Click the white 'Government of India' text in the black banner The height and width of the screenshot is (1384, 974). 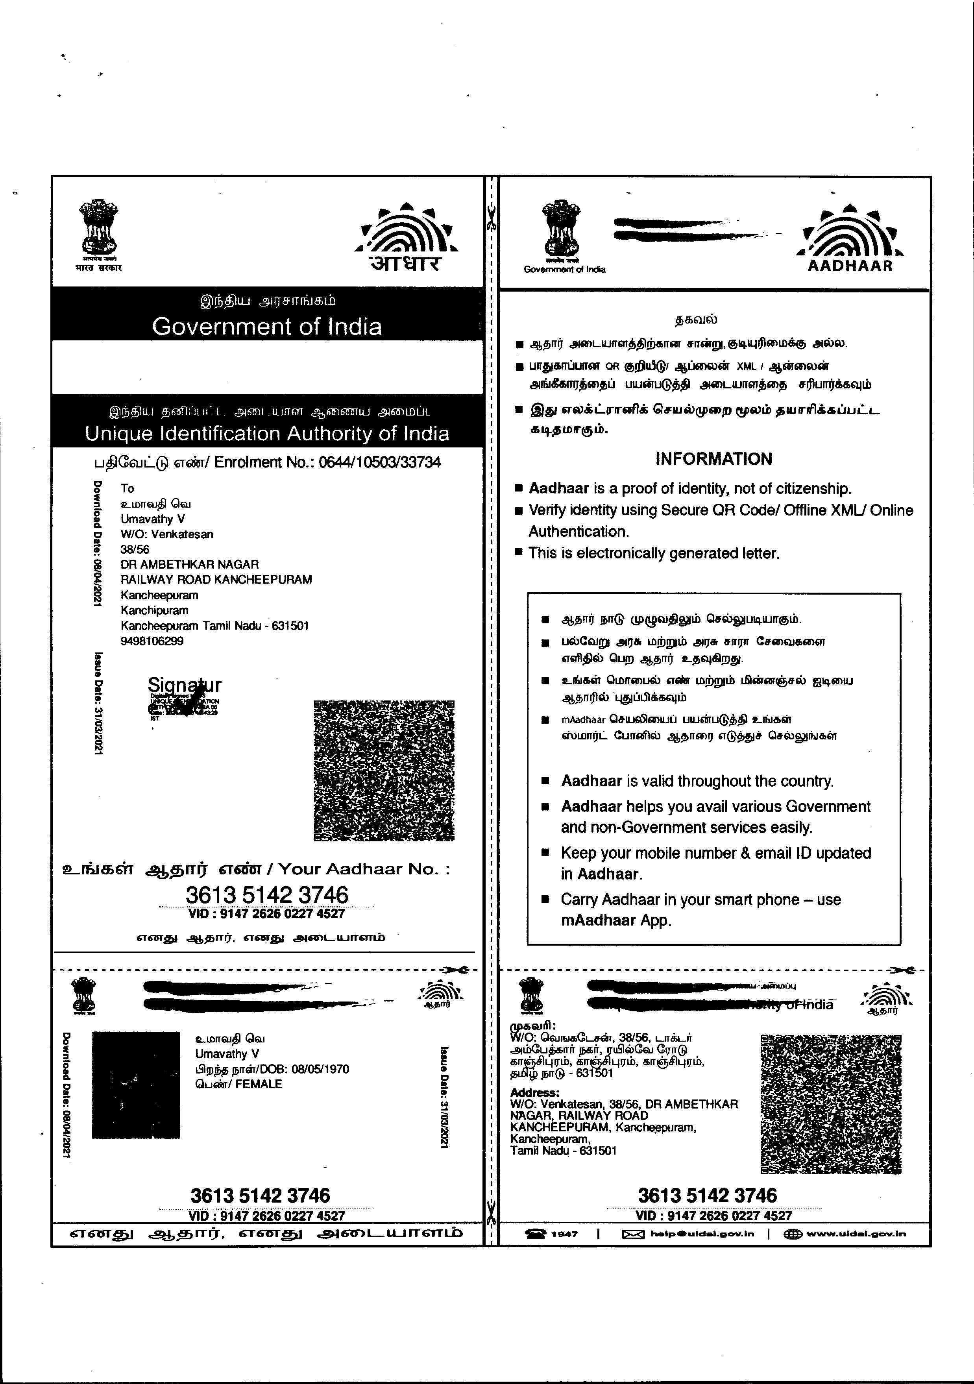[x=266, y=327]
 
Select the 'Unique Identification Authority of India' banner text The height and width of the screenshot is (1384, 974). [x=266, y=433]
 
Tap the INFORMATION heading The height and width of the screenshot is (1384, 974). [x=713, y=459]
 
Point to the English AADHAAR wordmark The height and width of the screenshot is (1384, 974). [x=849, y=266]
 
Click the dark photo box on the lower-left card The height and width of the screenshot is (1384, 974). [x=136, y=1085]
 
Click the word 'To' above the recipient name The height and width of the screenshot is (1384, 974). [x=127, y=488]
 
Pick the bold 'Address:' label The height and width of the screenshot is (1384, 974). [x=534, y=1093]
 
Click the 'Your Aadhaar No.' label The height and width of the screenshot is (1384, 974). [x=364, y=868]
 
